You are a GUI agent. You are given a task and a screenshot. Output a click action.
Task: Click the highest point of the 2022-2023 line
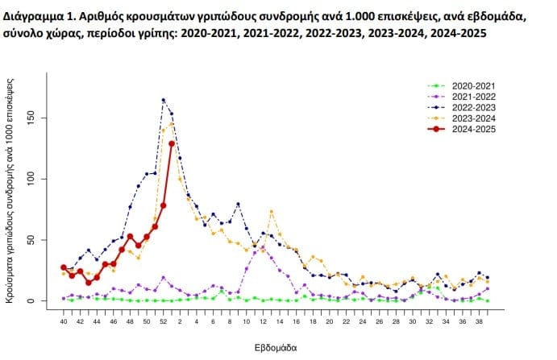(164, 100)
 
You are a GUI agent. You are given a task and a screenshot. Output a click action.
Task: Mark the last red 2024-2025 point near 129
(172, 143)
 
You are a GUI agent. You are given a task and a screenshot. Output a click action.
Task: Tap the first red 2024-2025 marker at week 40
(64, 267)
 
